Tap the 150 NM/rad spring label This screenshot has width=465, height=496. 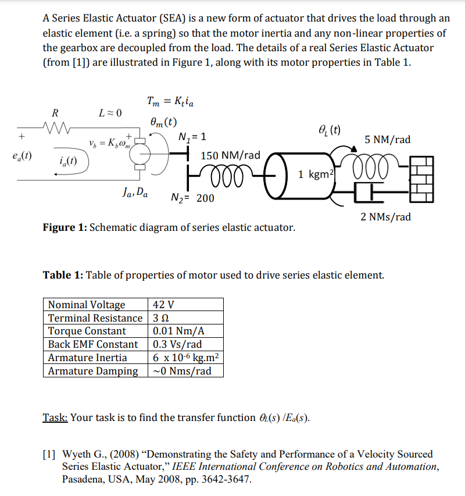point(230,156)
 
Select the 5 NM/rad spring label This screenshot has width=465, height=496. point(387,140)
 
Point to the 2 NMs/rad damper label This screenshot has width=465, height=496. point(385,217)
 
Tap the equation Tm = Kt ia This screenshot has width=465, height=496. point(171,102)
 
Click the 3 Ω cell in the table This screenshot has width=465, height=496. point(160,318)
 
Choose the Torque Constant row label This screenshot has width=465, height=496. point(87,331)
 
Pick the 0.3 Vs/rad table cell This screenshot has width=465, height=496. point(177,344)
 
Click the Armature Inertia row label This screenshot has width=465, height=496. point(87,358)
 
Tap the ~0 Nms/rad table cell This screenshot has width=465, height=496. point(182,371)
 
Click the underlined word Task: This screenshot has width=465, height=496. point(55,418)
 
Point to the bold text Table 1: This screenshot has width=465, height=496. point(63,274)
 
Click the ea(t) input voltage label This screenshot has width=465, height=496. point(22,156)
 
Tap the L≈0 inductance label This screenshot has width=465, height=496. point(109,113)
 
